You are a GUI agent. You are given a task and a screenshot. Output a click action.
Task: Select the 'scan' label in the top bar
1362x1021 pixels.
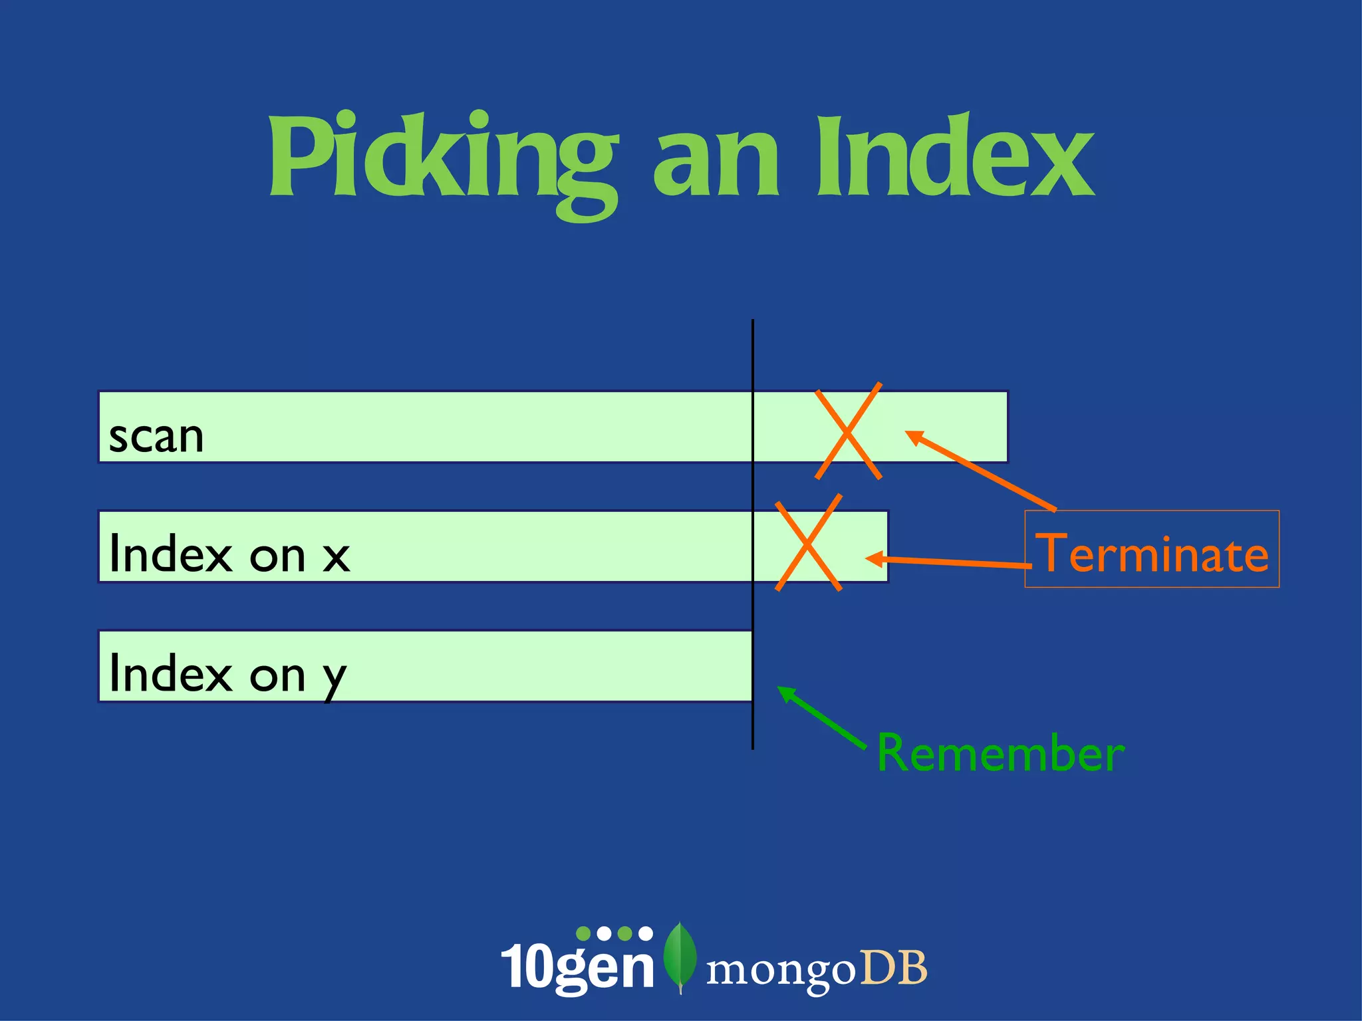click(x=156, y=437)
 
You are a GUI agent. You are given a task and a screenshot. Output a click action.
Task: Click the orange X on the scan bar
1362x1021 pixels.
click(x=849, y=431)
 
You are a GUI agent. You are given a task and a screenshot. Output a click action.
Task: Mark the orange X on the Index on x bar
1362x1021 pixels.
click(x=808, y=542)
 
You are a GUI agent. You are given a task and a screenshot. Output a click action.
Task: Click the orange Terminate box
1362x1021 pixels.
click(x=1152, y=550)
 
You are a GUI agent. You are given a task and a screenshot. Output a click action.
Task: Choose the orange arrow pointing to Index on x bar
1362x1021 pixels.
click(x=948, y=562)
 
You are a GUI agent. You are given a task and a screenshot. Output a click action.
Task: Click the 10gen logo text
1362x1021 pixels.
click(x=577, y=968)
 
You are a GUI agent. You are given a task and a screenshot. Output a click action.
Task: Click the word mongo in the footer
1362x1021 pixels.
click(x=780, y=970)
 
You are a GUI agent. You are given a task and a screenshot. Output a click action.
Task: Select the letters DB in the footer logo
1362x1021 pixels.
click(x=893, y=968)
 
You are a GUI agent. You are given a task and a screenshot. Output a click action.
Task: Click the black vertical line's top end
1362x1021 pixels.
click(x=753, y=322)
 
